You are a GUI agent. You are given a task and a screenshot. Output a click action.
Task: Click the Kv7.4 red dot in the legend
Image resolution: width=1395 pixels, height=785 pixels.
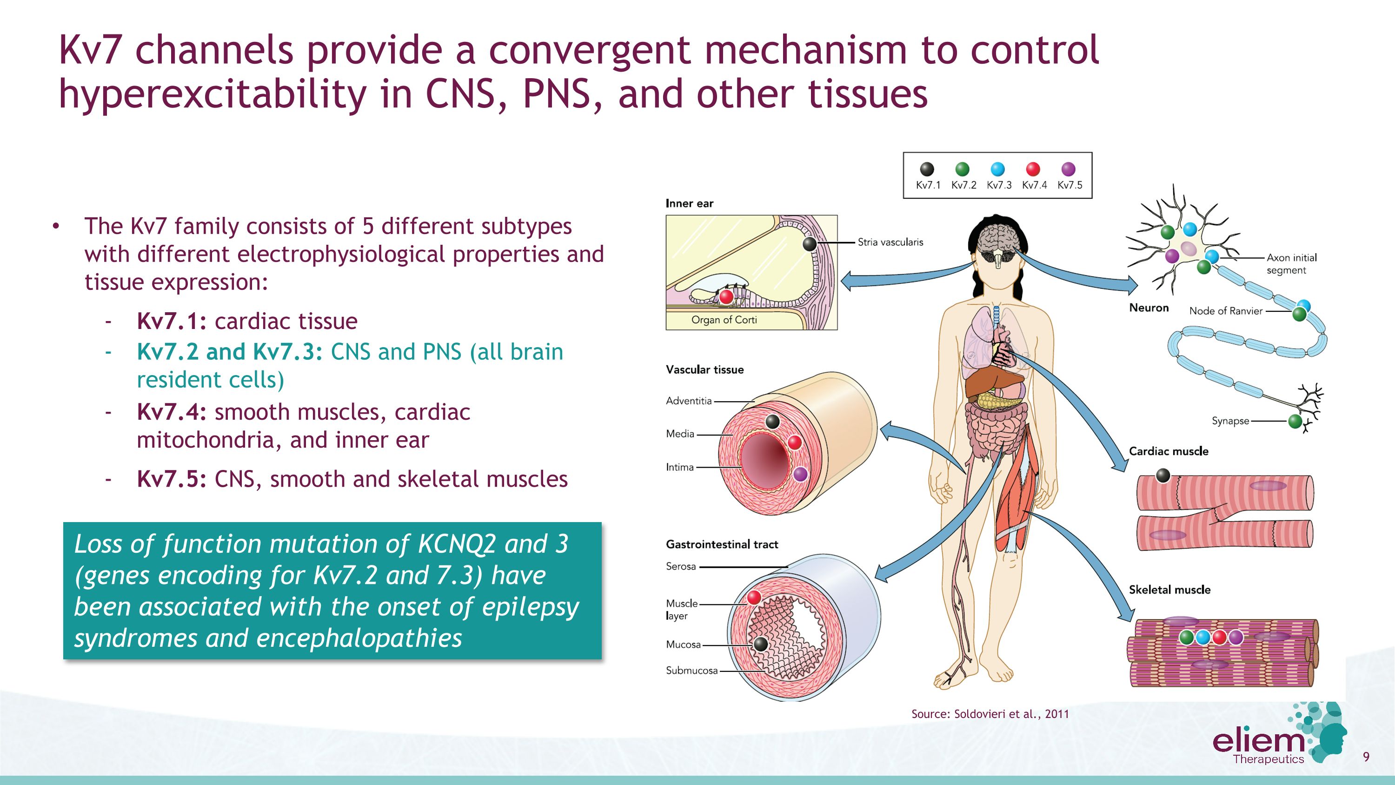coord(1033,169)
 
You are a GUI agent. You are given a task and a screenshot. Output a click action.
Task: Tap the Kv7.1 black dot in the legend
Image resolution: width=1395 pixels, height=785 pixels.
coord(927,169)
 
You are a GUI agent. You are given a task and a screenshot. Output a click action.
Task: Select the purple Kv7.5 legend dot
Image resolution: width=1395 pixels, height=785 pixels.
coord(1069,169)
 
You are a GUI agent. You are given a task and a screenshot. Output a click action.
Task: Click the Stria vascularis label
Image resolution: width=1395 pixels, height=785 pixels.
coord(890,242)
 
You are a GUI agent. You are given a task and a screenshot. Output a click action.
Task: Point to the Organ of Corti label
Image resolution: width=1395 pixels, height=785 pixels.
coord(724,320)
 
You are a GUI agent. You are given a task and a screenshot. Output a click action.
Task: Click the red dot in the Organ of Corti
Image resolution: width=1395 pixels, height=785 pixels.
coord(726,296)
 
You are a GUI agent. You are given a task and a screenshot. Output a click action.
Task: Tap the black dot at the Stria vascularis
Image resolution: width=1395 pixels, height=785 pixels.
coord(810,244)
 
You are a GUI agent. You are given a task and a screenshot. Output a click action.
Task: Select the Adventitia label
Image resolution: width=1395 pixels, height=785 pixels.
coord(689,401)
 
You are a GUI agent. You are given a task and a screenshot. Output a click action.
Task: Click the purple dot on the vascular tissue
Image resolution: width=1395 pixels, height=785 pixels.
coord(800,474)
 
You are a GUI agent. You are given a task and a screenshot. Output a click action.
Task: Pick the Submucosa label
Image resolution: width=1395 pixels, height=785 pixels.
coord(691,670)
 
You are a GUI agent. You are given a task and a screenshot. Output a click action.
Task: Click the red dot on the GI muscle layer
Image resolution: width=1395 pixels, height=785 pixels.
coord(754,597)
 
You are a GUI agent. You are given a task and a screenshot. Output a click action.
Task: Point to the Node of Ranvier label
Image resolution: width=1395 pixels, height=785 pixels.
coord(1225,311)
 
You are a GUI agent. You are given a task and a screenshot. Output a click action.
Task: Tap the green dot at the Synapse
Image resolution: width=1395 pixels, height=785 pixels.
coord(1295,421)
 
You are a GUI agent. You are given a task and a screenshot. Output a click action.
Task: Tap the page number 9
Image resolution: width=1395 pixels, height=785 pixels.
coord(1366,757)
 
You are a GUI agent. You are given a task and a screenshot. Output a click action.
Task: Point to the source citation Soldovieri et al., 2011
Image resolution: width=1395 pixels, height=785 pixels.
coord(990,714)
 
